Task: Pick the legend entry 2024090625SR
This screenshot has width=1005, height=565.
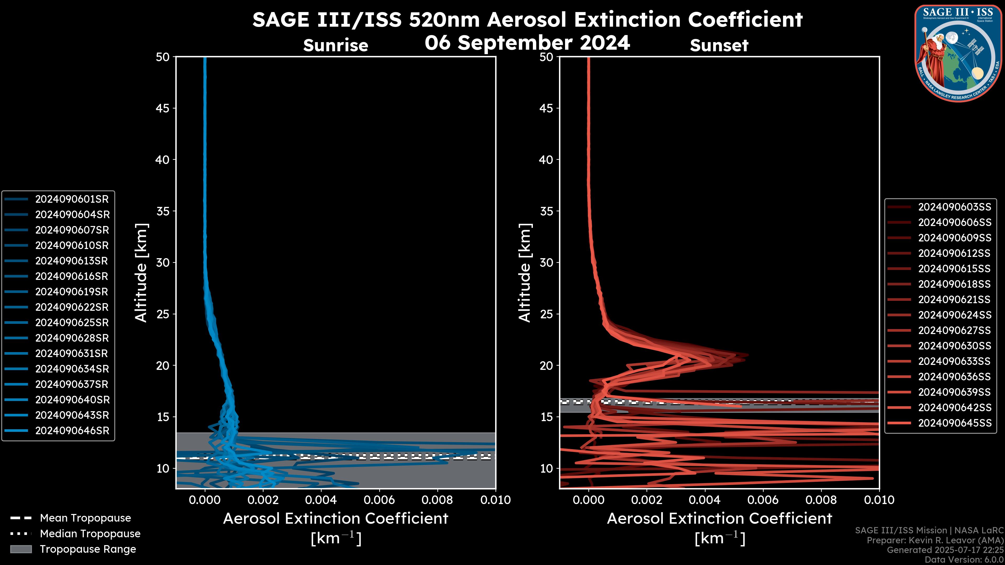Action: [72, 323]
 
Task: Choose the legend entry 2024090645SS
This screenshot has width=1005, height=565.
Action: [954, 423]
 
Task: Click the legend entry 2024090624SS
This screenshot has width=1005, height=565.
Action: [954, 315]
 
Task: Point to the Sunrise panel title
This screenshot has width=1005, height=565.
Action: [336, 46]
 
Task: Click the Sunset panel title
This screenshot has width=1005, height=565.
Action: [719, 46]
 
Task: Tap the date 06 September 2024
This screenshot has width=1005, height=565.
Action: [527, 42]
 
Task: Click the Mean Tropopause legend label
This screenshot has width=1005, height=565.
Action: [85, 518]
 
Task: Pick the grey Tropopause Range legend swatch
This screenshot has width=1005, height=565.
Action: [21, 549]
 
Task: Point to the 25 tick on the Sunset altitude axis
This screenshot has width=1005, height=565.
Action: [546, 314]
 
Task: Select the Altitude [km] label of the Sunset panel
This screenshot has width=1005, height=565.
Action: [525, 273]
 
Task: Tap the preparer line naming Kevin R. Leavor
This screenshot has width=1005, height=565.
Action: [935, 540]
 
